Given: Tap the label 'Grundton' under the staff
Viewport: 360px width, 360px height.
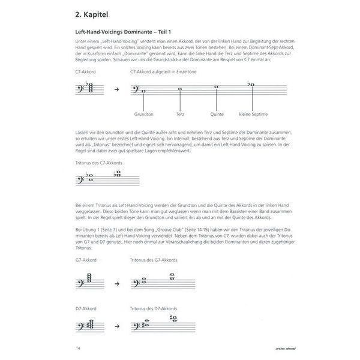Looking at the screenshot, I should point(144,113).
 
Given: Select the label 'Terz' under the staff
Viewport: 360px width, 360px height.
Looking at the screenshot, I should point(180,113).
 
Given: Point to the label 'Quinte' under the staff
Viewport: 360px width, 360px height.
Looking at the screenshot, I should point(217,113).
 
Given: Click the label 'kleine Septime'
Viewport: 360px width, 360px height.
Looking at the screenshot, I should point(253,113).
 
